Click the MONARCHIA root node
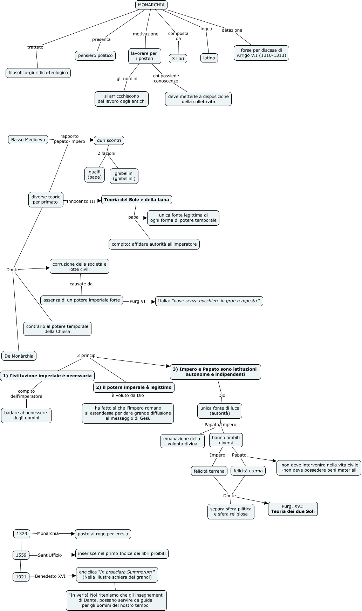point(151,5)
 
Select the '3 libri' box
point(178,59)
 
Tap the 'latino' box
point(209,58)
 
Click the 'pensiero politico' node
point(95,55)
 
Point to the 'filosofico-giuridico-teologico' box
point(38,73)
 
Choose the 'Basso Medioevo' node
point(28,140)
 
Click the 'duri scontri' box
point(109,140)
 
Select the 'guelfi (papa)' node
point(95,174)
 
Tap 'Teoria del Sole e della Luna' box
point(137,200)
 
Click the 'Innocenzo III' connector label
point(81,201)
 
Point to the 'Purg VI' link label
point(137,301)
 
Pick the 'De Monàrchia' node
point(19,356)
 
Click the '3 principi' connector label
point(87,355)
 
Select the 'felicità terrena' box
point(209,471)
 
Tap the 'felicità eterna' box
point(248,471)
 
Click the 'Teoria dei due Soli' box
point(293,509)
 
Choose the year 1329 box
point(22,534)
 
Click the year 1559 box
point(21,555)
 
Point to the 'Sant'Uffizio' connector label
point(50,555)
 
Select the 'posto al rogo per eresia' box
point(103,534)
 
